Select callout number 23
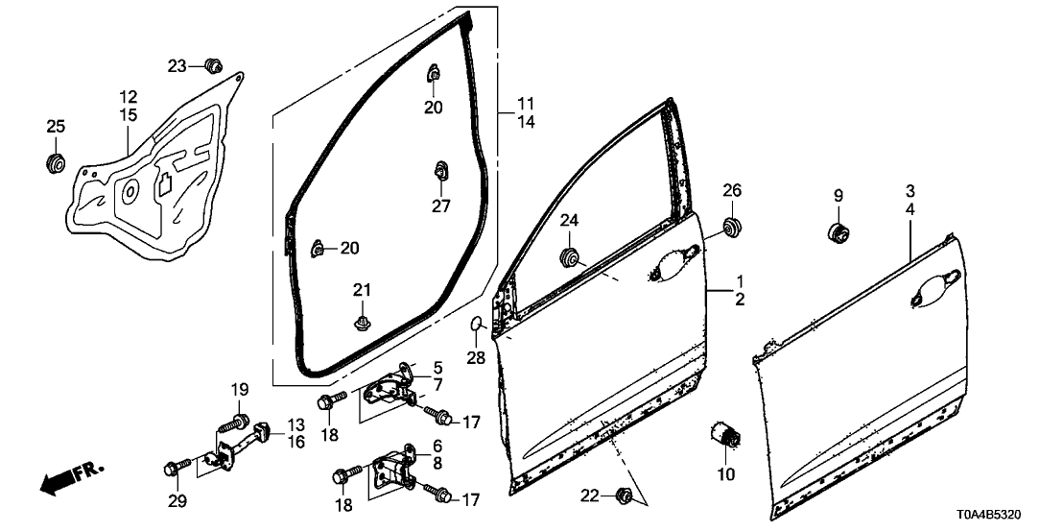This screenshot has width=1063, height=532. coord(177,66)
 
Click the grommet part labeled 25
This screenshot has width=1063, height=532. coord(55,163)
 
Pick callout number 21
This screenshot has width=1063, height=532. coord(362,290)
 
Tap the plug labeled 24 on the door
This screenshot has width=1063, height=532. coord(569,258)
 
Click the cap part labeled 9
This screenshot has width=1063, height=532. coord(839,232)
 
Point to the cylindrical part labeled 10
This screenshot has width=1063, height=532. coord(724,433)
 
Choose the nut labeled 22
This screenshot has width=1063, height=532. coord(625,496)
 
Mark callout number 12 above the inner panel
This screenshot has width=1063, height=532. coord(129,96)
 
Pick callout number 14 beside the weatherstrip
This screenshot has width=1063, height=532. coord(526,122)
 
